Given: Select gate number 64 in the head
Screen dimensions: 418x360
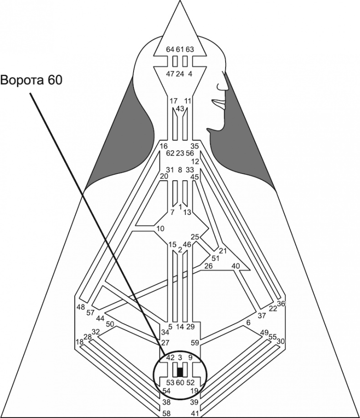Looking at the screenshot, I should pyautogui.click(x=170, y=49).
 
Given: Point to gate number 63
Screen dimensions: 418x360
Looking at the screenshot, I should pyautogui.click(x=190, y=49).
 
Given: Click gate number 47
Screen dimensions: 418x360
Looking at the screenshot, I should pyautogui.click(x=170, y=74).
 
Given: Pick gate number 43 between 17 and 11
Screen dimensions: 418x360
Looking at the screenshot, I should pyautogui.click(x=180, y=108).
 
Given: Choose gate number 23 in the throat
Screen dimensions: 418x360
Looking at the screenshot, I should pyautogui.click(x=180, y=153).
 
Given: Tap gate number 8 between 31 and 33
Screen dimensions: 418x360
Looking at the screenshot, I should pyautogui.click(x=180, y=170).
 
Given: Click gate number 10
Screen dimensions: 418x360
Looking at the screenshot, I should pyautogui.click(x=160, y=228).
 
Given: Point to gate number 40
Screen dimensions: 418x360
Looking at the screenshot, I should pyautogui.click(x=236, y=266).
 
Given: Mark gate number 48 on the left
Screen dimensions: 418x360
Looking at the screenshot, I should pyautogui.click(x=81, y=307).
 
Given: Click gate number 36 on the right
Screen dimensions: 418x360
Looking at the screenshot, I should pyautogui.click(x=281, y=304).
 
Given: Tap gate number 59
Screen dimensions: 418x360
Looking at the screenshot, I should pyautogui.click(x=195, y=342).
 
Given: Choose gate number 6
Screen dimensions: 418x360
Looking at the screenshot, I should pyautogui.click(x=248, y=323).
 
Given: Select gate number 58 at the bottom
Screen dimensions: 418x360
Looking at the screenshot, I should pyautogui.click(x=167, y=413).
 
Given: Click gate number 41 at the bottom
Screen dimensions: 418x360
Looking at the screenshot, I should pyautogui.click(x=195, y=413).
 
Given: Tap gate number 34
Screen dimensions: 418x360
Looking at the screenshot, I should pyautogui.click(x=165, y=332).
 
